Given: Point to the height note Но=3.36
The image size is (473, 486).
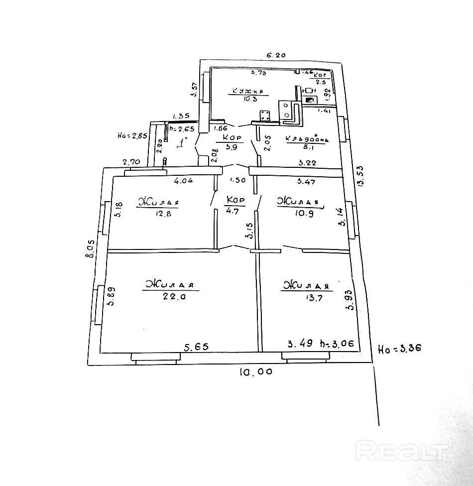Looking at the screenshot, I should pyautogui.click(x=399, y=349).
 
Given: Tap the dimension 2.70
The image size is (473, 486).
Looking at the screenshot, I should pyautogui.click(x=131, y=162).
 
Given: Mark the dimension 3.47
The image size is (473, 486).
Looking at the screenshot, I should pyautogui.click(x=306, y=181).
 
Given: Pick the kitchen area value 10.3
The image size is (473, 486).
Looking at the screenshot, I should pyautogui.click(x=247, y=99).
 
